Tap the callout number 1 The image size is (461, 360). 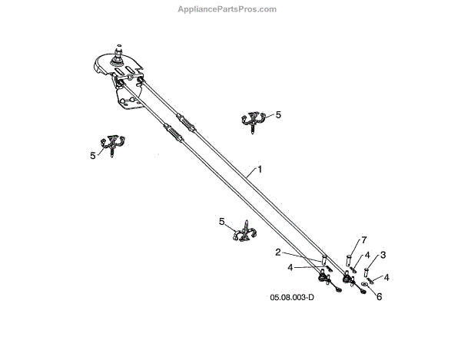pos(260,168)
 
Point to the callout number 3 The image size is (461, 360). pos(383,255)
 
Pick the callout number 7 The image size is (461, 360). pos(364,240)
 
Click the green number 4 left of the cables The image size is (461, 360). pos(290,267)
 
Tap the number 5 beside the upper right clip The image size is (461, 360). pos(278,114)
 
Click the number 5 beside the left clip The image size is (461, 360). pos(93,155)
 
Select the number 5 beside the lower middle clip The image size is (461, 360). pos(222,222)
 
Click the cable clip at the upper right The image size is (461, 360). pos(254,121)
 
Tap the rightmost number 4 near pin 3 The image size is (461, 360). pos(387,277)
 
